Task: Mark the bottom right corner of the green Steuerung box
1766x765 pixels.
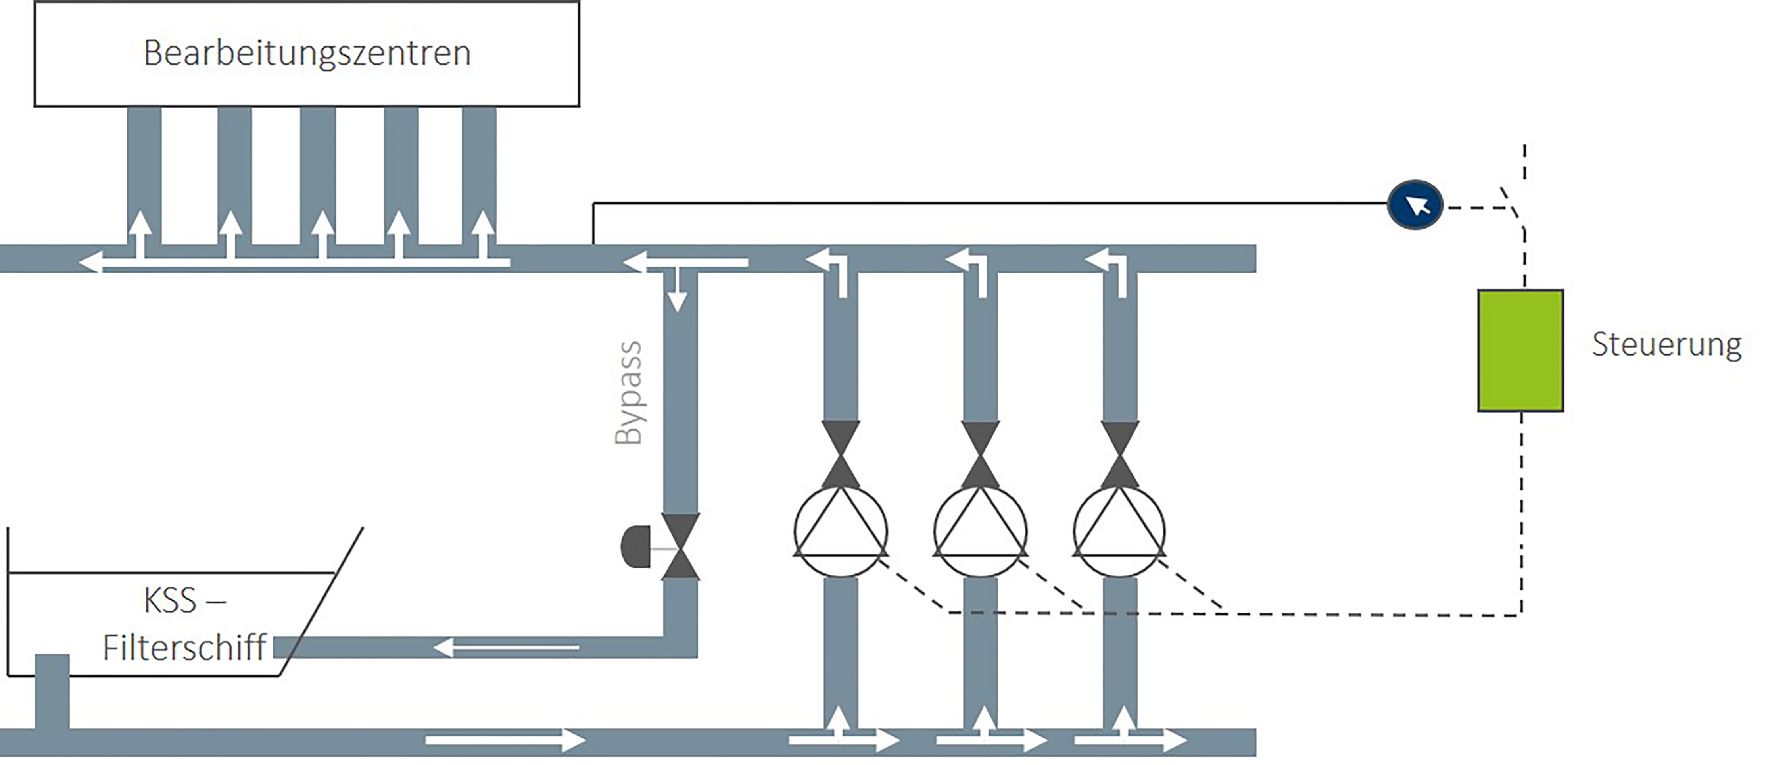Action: tap(1563, 411)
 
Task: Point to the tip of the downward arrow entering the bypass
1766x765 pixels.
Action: tap(678, 312)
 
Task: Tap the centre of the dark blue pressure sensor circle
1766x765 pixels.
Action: tap(1415, 204)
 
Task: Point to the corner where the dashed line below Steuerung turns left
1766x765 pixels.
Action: tap(1522, 615)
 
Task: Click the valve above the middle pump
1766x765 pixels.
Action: tap(980, 454)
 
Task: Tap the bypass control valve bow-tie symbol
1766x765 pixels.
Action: tap(680, 547)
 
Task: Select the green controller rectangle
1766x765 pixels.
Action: tap(1520, 350)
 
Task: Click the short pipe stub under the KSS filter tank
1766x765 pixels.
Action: tap(52, 691)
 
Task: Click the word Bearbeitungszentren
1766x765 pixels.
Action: tap(307, 53)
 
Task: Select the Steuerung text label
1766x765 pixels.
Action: tap(1666, 344)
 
